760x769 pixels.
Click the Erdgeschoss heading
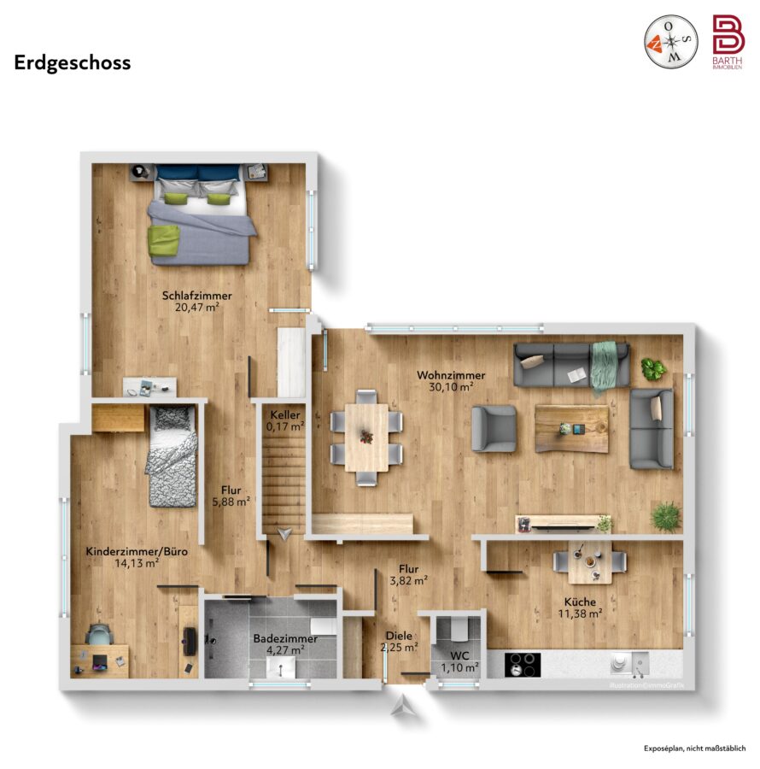click(73, 63)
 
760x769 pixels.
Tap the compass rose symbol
click(670, 42)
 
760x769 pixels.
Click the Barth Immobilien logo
click(728, 42)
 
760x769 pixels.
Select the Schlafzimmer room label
click(197, 296)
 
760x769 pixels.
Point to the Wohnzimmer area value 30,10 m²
click(451, 387)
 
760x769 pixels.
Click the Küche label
click(580, 602)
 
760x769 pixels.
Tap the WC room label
click(459, 655)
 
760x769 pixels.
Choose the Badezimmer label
click(285, 639)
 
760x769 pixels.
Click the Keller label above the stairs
click(285, 415)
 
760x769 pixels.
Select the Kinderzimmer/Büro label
click(137, 551)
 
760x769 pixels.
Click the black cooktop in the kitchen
click(523, 665)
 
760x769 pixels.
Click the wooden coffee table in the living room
click(572, 429)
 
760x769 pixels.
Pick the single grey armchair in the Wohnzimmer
click(494, 428)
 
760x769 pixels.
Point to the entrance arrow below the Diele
click(403, 707)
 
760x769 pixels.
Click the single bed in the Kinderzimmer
click(172, 455)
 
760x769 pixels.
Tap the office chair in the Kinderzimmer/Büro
click(99, 634)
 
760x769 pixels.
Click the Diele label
click(399, 636)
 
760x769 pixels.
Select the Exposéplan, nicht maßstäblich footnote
click(695, 748)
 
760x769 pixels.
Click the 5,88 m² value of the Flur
click(231, 502)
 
